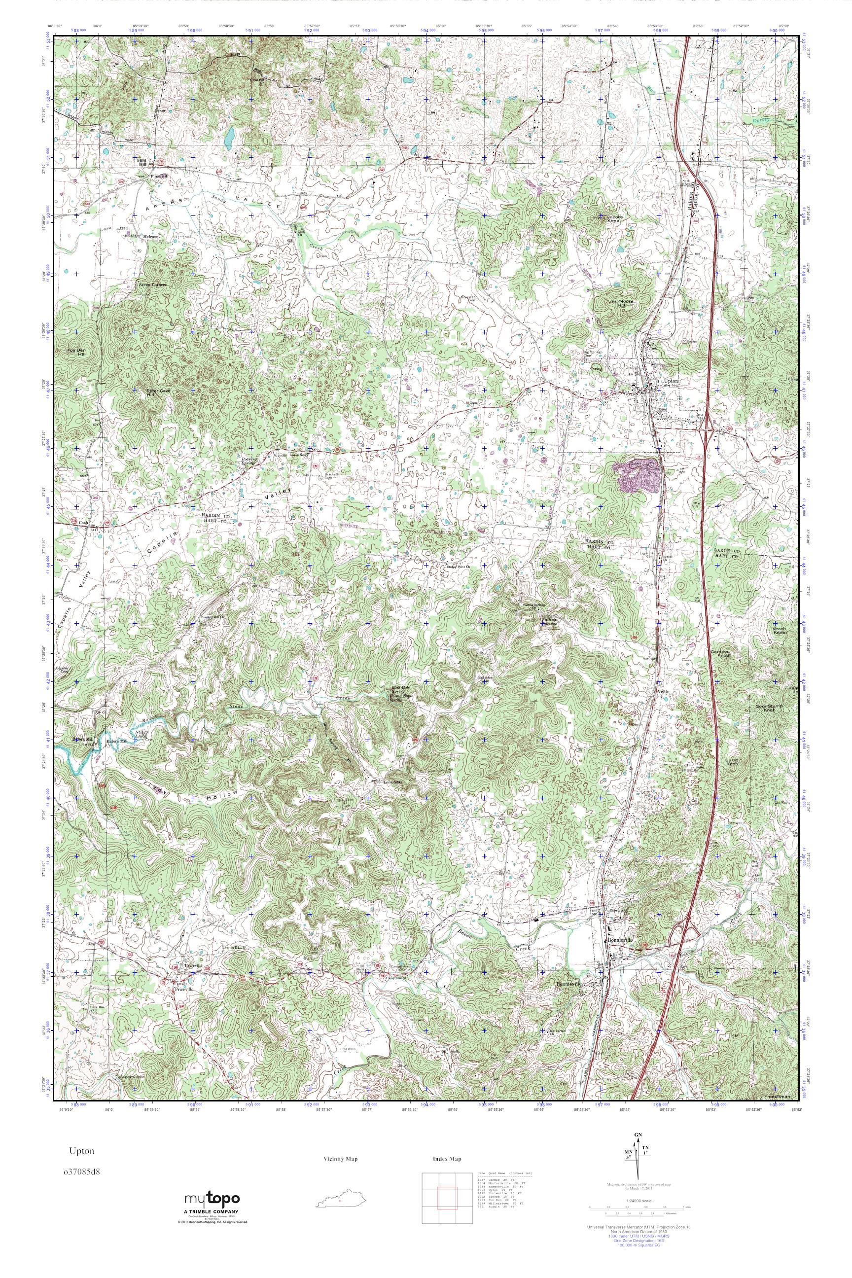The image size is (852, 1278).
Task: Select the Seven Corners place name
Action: click(x=153, y=284)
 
